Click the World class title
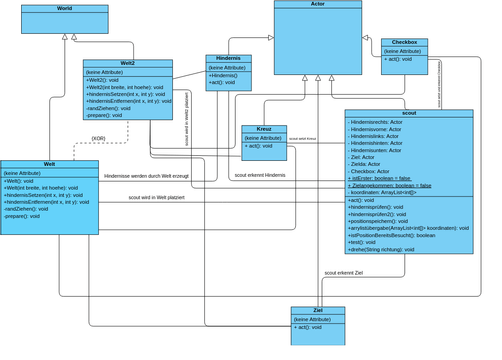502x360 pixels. point(64,8)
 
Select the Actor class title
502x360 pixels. point(317,4)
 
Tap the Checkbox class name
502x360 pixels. point(404,42)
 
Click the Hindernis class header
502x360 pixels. point(228,58)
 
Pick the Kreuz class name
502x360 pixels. point(264,129)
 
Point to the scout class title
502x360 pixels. point(408,113)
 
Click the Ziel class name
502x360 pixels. point(317,311)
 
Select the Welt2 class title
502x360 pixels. point(127,63)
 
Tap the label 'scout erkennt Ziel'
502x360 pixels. point(343,272)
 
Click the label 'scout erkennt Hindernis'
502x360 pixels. point(260,175)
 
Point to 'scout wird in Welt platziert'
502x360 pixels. point(156,198)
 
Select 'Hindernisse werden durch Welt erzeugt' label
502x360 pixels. point(146,175)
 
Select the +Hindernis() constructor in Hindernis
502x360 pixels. point(224,76)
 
